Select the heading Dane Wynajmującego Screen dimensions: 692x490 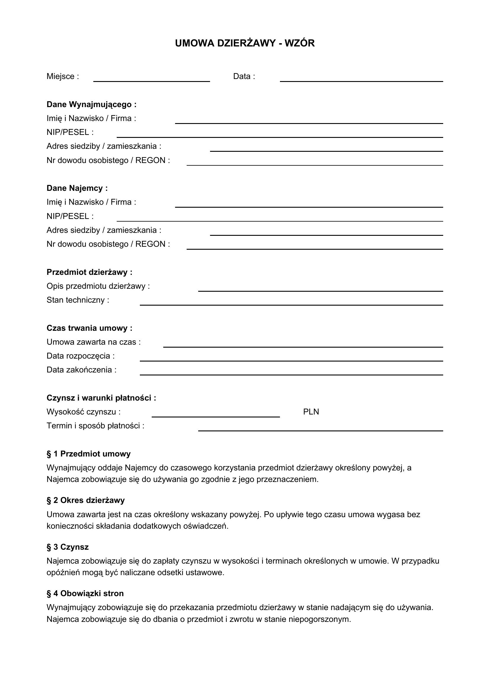point(92,104)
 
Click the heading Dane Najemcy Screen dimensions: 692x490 point(77,188)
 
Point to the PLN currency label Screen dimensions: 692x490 point(311,412)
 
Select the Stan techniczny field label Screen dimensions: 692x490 point(78,300)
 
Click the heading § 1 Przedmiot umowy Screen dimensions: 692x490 point(88,454)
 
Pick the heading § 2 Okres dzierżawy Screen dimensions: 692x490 point(85,500)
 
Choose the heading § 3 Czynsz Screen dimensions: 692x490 point(68,547)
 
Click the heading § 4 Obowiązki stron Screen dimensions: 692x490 point(85,593)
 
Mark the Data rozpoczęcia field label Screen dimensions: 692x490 point(80,356)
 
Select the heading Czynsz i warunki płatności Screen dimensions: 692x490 point(101,398)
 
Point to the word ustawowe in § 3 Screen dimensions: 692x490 point(205,573)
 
